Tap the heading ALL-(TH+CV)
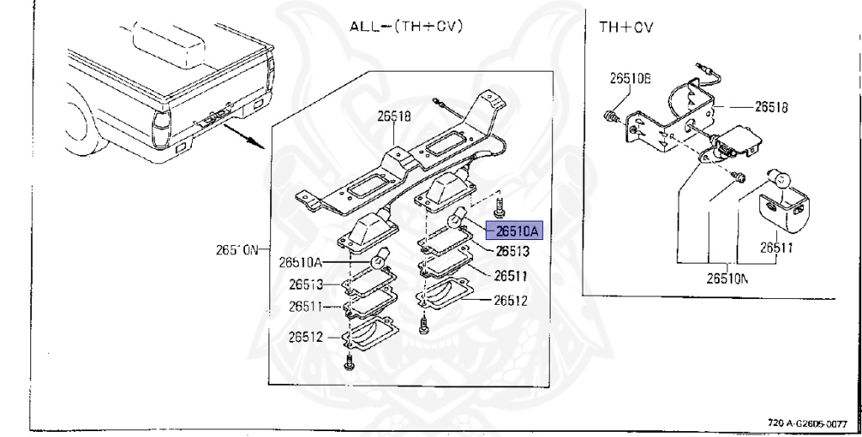pyautogui.click(x=407, y=26)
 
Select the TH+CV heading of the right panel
pyautogui.click(x=626, y=26)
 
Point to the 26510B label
pyautogui.click(x=631, y=79)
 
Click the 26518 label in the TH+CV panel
pyautogui.click(x=771, y=107)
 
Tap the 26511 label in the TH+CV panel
pyautogui.click(x=778, y=248)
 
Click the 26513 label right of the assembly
pyautogui.click(x=512, y=251)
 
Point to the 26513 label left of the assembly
pyautogui.click(x=306, y=285)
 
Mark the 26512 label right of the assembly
pyautogui.click(x=510, y=300)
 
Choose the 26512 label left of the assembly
pyautogui.click(x=306, y=336)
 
